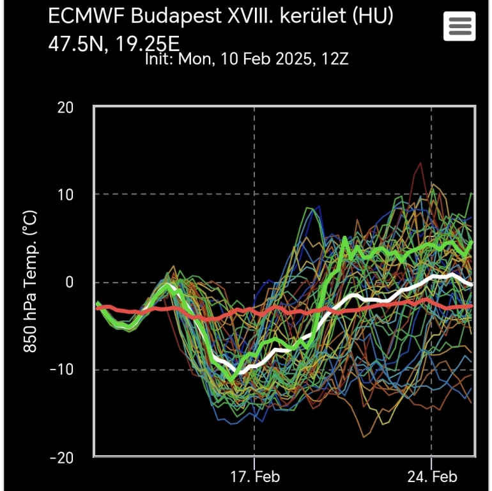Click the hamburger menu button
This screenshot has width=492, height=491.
(459, 26)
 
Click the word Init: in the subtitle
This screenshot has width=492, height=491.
(160, 59)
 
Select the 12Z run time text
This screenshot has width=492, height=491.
(336, 59)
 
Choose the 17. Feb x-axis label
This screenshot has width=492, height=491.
(254, 477)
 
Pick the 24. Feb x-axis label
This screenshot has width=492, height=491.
(431, 477)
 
